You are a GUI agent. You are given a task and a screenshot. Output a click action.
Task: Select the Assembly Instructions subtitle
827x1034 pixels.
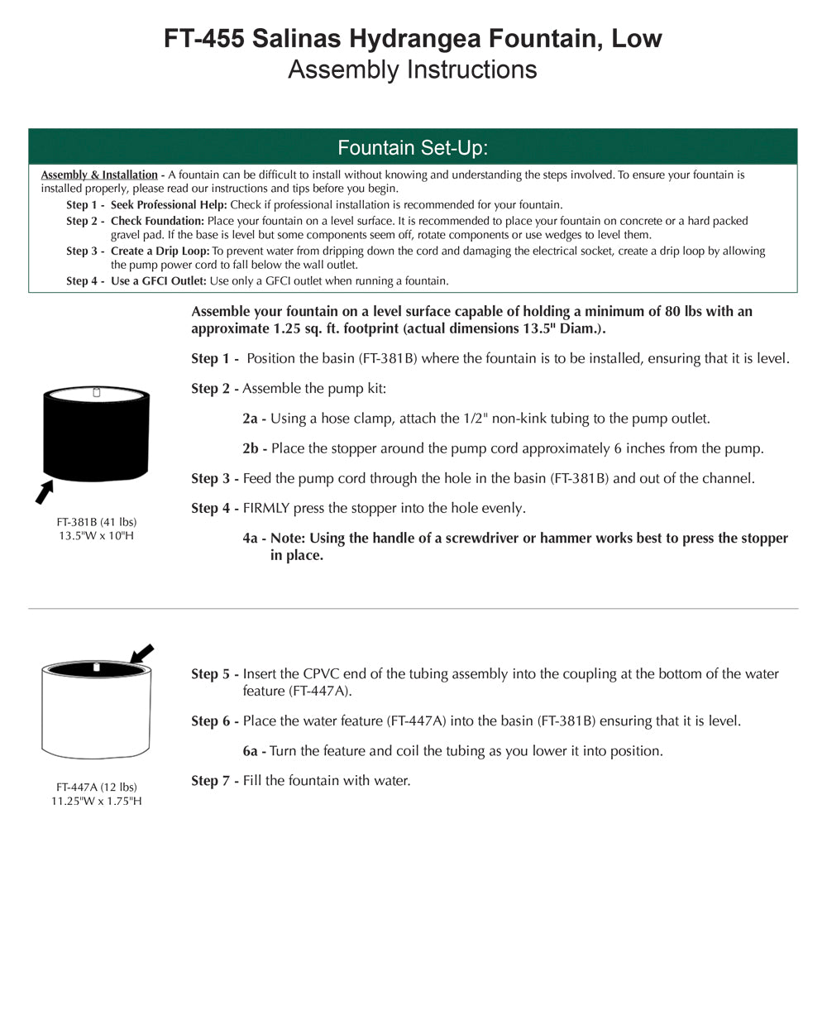pos(412,69)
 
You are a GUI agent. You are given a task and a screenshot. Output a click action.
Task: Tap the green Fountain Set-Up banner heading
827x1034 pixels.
pos(413,147)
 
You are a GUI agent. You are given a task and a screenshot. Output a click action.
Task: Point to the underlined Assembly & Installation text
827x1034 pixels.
pos(99,175)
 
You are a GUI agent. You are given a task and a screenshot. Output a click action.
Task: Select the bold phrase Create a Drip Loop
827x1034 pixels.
pos(160,251)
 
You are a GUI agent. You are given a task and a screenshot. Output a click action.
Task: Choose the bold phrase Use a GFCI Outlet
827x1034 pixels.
pos(158,280)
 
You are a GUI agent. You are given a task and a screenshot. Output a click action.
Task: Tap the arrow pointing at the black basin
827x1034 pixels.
pos(44,492)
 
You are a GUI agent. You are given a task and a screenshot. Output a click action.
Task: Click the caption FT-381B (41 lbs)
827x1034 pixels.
pos(96,522)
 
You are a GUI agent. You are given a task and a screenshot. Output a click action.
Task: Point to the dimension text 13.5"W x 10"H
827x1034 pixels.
pos(96,535)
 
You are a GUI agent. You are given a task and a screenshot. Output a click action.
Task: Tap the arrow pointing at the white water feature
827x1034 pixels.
pos(141,654)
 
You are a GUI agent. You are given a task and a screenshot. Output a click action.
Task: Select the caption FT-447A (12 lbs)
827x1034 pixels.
pos(96,787)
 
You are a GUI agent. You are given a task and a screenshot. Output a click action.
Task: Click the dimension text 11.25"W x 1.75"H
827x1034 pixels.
pos(96,801)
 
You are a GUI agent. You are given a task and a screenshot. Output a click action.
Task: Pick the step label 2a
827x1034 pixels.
pos(251,419)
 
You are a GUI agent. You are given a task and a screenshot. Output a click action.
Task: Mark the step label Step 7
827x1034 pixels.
pos(211,780)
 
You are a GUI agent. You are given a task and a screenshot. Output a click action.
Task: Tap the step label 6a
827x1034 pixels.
pos(251,750)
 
